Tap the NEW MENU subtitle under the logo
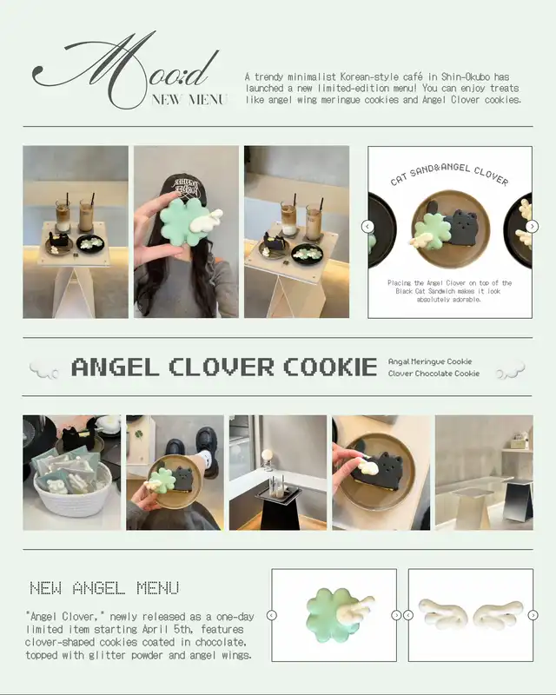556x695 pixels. (189, 99)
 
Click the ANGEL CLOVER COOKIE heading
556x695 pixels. (224, 367)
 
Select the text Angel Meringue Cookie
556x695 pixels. (430, 361)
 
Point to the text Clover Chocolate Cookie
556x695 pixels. (434, 374)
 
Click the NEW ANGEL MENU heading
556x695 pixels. (104, 588)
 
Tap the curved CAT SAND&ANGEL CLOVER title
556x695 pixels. (449, 174)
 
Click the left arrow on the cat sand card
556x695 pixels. (367, 227)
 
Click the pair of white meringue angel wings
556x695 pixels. (471, 613)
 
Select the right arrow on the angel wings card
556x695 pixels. (533, 615)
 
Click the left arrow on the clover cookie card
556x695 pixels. (272, 615)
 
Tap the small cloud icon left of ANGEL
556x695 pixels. (44, 371)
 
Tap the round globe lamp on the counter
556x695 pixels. (268, 455)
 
